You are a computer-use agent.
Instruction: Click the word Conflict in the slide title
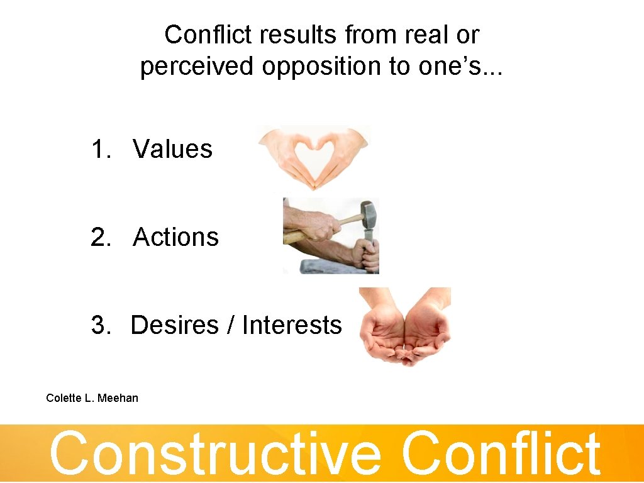pyautogui.click(x=197, y=35)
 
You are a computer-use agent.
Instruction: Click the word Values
pyautogui.click(x=172, y=150)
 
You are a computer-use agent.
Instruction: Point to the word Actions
pyautogui.click(x=175, y=237)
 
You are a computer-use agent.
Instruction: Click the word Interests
pyautogui.click(x=292, y=325)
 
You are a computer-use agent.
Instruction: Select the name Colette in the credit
pyautogui.click(x=63, y=397)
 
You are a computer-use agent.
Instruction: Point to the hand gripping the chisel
pyautogui.click(x=365, y=253)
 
